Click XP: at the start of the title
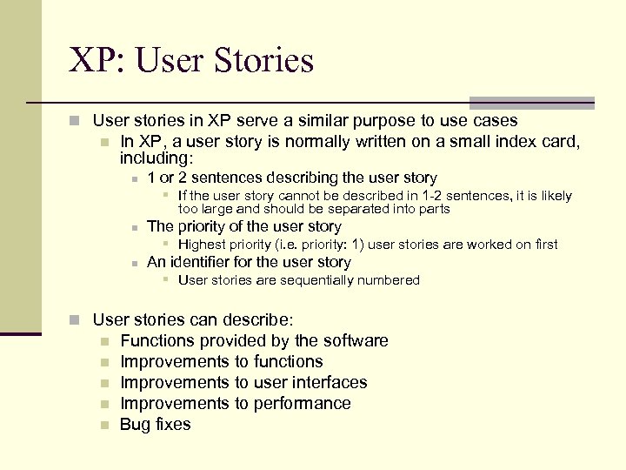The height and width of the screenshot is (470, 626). (x=96, y=61)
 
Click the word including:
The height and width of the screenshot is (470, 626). (x=156, y=159)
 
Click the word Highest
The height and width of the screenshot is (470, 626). (x=202, y=245)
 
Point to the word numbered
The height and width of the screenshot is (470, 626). (x=390, y=280)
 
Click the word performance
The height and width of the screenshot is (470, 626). (x=303, y=403)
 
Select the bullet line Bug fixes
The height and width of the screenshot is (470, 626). (x=155, y=424)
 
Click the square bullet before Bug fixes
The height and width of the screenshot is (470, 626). (x=103, y=425)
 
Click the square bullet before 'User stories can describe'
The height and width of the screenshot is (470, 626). (x=77, y=319)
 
